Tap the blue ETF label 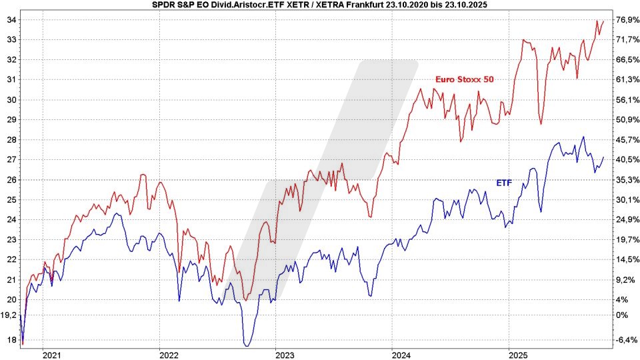(x=503, y=182)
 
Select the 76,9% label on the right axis (x=627, y=20)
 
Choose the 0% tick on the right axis (x=621, y=315)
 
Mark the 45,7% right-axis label (x=627, y=139)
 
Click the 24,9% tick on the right (x=627, y=219)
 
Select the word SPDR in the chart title (x=155, y=5)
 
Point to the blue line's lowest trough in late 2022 (x=247, y=345)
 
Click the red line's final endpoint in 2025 (x=603, y=20)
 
